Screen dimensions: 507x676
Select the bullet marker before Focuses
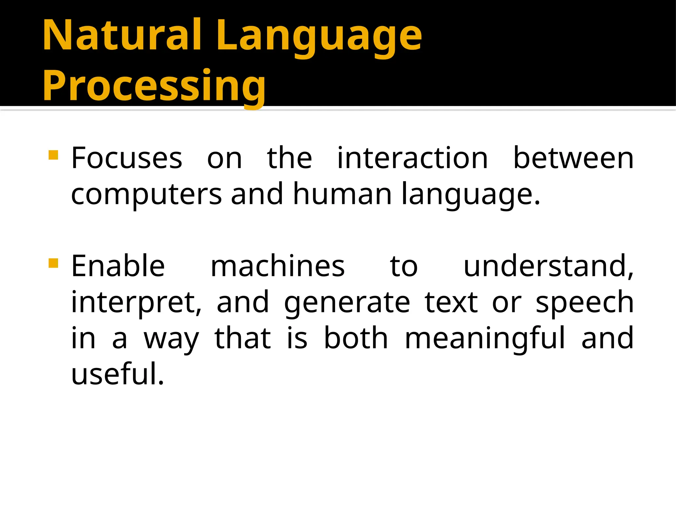point(53,155)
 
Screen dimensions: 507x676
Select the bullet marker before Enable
point(53,263)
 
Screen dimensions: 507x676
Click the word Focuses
point(127,158)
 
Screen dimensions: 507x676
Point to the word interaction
point(412,158)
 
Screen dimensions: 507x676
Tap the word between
point(573,158)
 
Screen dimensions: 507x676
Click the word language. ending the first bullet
point(470,195)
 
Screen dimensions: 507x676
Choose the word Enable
point(118,266)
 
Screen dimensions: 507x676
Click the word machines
point(278,266)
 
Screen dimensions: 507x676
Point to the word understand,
point(548,266)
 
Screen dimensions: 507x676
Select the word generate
point(347,303)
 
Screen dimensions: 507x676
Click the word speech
point(585,303)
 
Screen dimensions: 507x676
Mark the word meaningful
point(485,339)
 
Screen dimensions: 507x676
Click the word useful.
point(118,374)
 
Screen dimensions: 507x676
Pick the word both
point(356,338)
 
